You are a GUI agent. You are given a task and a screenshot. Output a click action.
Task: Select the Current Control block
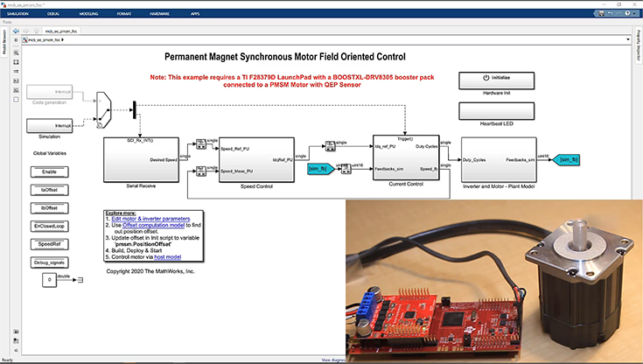[x=405, y=157]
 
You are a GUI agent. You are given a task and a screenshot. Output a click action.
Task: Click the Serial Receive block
[x=141, y=158]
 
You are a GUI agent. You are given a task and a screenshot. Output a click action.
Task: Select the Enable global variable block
[x=49, y=172]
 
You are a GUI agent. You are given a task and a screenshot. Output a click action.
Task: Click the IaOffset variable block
[x=49, y=190]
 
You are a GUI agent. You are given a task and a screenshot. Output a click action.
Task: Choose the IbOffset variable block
[x=49, y=208]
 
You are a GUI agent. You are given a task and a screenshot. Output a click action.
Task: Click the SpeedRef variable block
[x=49, y=244]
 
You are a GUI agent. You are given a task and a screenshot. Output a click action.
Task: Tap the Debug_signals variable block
[x=49, y=262]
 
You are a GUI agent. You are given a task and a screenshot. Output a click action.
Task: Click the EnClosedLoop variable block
[x=49, y=226]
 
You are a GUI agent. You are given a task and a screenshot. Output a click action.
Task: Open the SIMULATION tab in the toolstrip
[x=18, y=15]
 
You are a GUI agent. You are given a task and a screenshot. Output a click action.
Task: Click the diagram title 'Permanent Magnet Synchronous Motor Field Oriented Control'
[x=285, y=56]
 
